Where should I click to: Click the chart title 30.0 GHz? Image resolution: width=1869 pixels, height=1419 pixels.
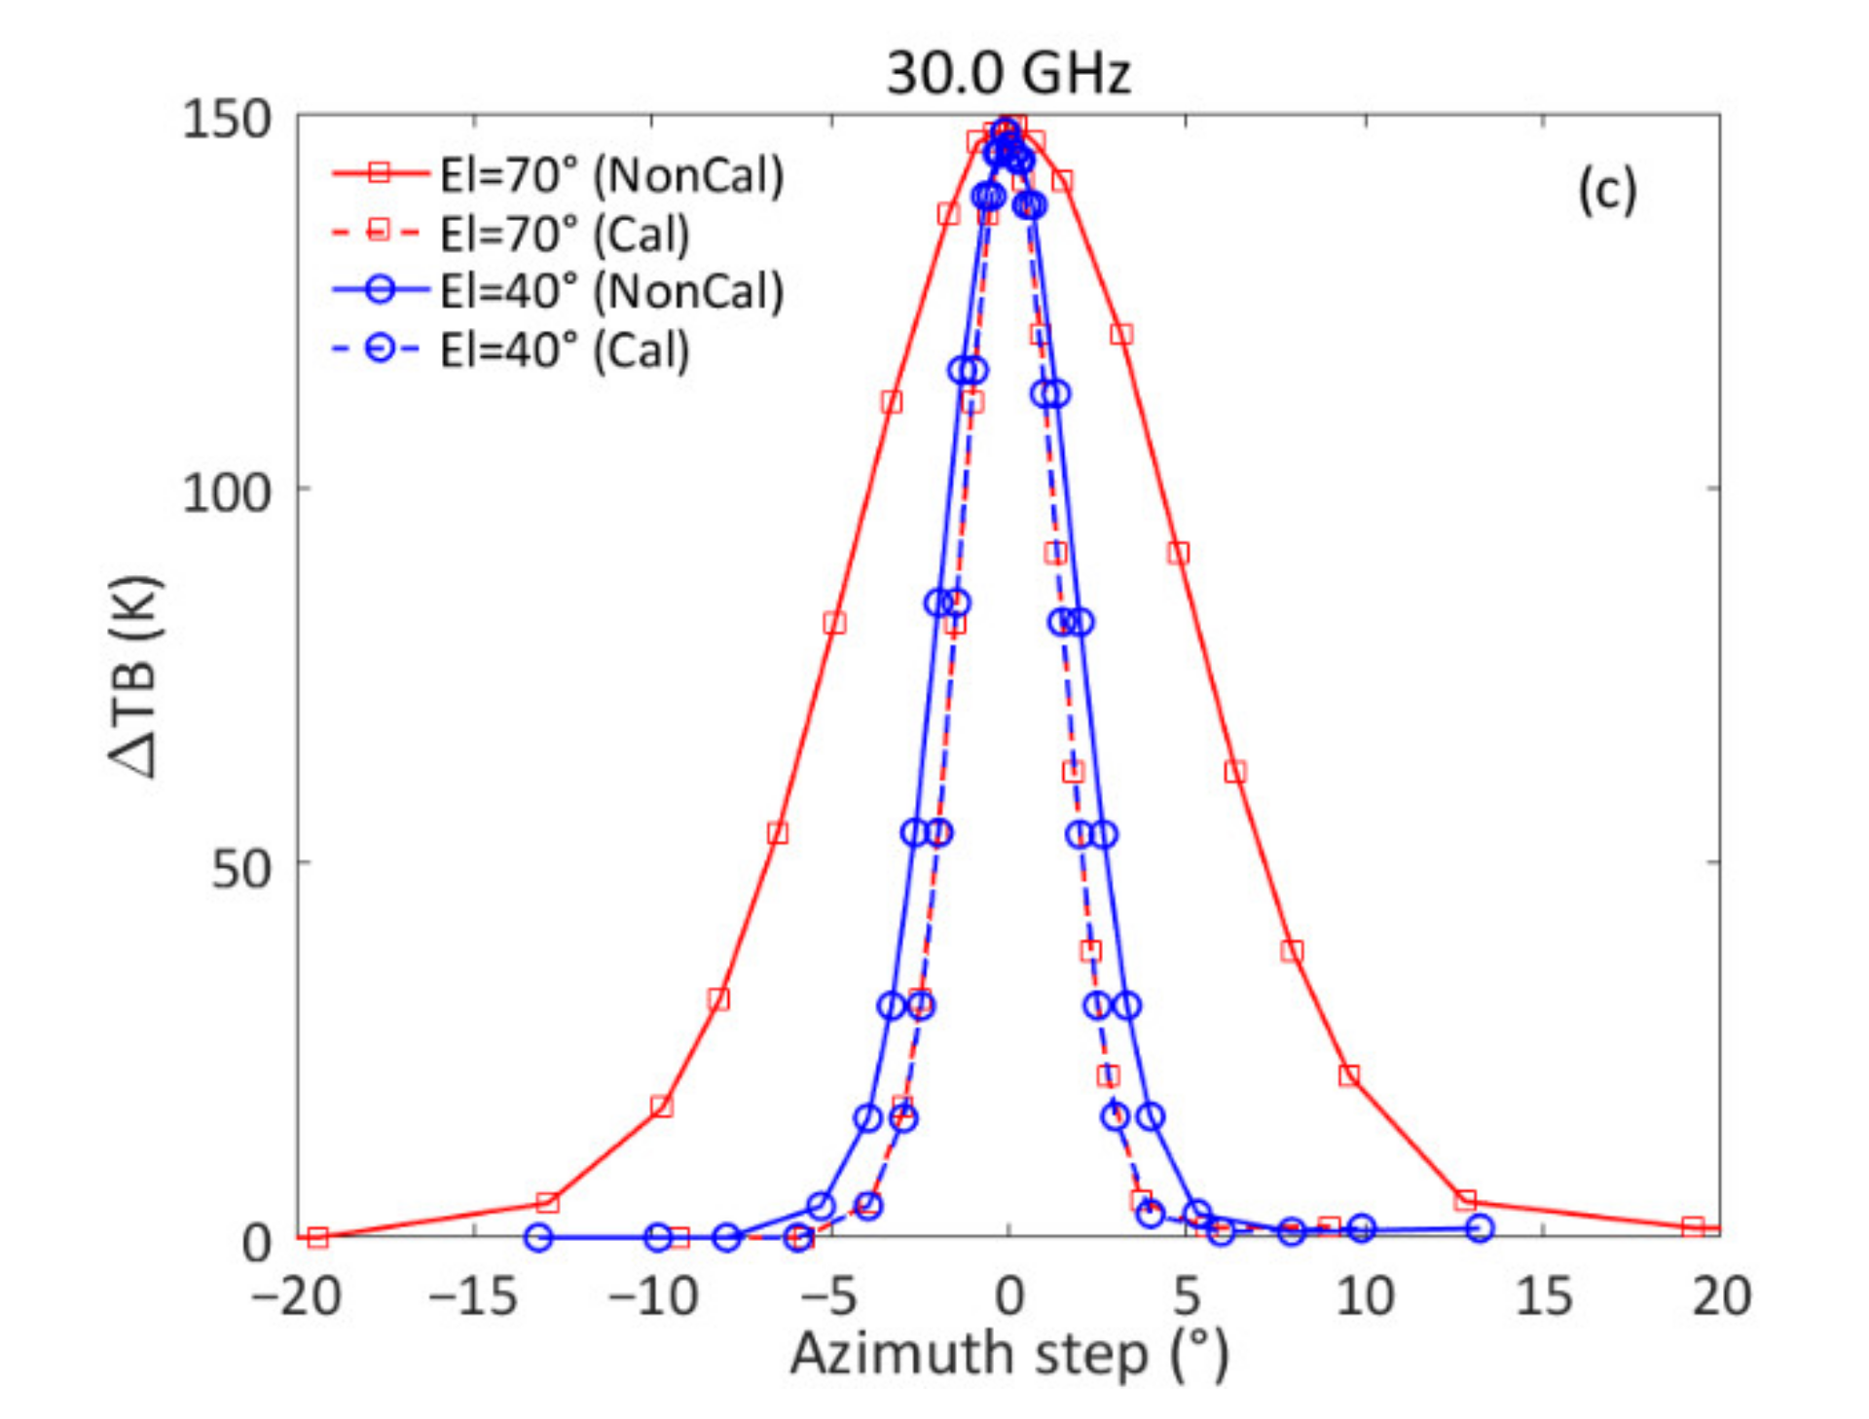1008,72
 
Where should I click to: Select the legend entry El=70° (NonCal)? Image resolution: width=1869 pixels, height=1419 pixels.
610,175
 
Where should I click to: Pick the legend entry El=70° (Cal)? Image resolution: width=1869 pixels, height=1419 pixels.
564,234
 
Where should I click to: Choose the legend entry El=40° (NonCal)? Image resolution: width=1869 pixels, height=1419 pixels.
610,291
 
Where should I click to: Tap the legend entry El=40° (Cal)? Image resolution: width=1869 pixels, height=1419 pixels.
564,349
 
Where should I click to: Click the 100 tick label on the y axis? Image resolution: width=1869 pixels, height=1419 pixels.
226,491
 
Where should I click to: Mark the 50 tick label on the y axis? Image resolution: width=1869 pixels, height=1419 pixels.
239,866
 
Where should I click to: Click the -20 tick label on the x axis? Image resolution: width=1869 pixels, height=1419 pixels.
295,1296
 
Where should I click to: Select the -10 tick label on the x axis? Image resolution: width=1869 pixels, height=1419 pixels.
652,1296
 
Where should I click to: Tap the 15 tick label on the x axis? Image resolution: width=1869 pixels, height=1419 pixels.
1543,1296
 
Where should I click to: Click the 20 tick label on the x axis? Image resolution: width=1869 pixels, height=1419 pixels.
1721,1296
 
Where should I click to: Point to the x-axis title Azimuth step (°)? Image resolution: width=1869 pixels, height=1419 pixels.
1008,1355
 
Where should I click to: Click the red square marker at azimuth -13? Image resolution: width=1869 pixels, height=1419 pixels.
547,1202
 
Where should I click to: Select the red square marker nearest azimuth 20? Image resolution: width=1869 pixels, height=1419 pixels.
1693,1226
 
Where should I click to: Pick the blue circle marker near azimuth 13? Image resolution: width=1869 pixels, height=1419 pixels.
1479,1228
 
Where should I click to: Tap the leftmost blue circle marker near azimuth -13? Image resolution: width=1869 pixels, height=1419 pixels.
538,1237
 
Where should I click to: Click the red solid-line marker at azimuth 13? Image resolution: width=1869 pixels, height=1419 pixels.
1465,1199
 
